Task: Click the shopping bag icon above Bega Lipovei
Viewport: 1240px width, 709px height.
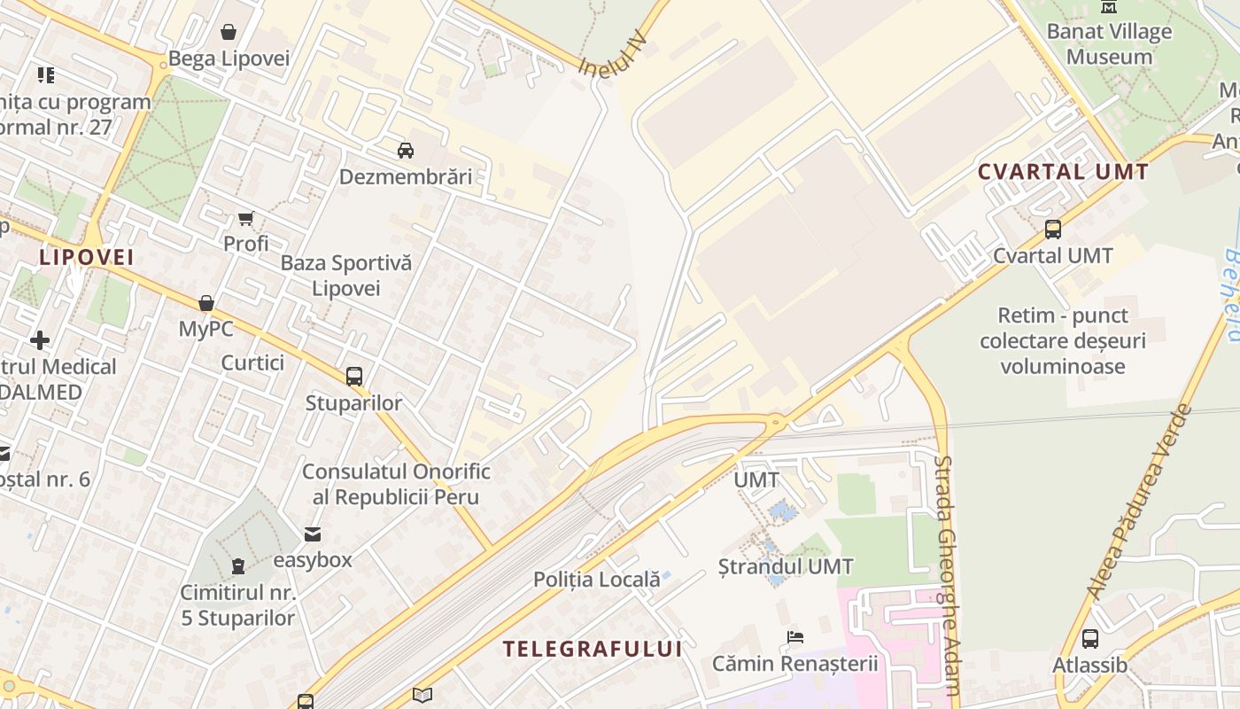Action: click(229, 33)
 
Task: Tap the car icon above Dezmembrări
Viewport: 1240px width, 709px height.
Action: click(406, 150)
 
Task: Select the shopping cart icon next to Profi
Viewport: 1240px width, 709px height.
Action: click(246, 218)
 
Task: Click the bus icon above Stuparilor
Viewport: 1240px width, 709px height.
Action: click(354, 376)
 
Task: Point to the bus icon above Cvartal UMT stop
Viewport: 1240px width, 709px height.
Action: click(1052, 229)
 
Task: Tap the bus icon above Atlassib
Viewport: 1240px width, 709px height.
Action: click(1089, 638)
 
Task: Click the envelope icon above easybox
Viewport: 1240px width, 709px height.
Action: click(313, 534)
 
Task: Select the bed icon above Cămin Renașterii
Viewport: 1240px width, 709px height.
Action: click(795, 636)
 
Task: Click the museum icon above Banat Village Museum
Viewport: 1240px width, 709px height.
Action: click(1109, 7)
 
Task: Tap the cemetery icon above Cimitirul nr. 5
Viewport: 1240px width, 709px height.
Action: click(237, 565)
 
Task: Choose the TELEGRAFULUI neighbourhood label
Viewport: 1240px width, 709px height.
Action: click(593, 649)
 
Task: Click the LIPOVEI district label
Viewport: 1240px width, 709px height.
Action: click(87, 257)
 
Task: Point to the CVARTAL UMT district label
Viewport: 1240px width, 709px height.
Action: click(1063, 172)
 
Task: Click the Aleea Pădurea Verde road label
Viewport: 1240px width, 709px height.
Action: click(1138, 502)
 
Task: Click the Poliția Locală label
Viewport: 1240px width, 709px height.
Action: click(596, 580)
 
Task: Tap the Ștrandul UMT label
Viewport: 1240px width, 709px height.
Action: click(786, 566)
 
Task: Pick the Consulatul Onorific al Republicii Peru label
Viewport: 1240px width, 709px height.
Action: click(396, 484)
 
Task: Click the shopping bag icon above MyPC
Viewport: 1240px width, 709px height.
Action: click(206, 303)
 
